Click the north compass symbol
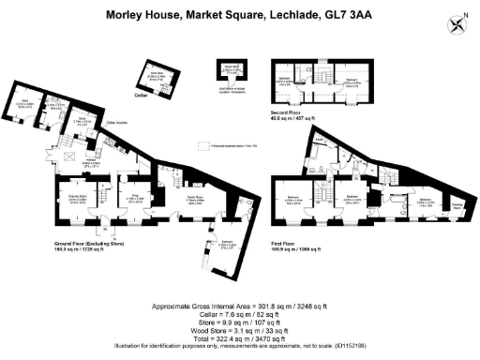pyautogui.click(x=457, y=23)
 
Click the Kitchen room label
pyautogui.click(x=93, y=161)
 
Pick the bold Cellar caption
pyautogui.click(x=142, y=95)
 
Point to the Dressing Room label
pyautogui.click(x=455, y=204)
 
